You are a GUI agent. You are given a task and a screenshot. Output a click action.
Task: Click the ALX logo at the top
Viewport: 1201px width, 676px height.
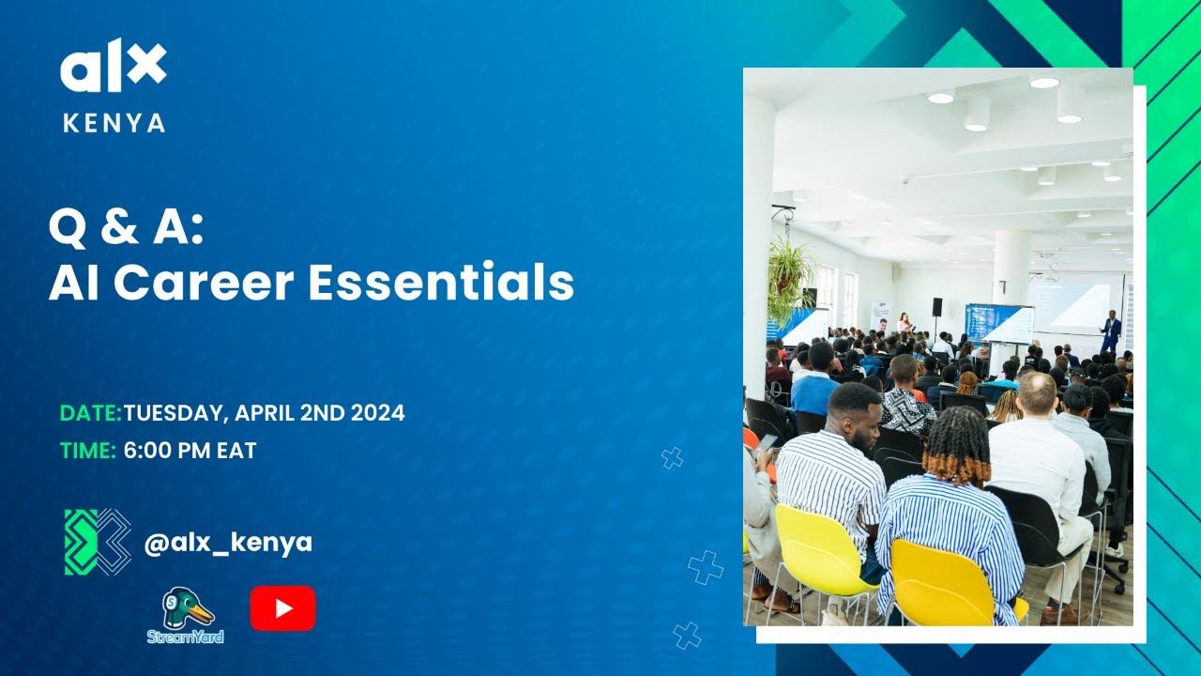click(x=114, y=68)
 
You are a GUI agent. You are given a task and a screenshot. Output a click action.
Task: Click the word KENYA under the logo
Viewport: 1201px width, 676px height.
click(x=114, y=123)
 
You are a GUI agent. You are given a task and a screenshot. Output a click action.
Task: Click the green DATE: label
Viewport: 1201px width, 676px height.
click(x=90, y=413)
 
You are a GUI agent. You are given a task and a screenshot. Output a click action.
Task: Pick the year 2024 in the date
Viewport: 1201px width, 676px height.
click(x=377, y=413)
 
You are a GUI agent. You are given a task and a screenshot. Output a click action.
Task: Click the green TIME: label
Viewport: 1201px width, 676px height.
click(x=88, y=451)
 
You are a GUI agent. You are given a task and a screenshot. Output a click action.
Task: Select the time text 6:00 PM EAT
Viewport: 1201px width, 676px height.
click(x=190, y=451)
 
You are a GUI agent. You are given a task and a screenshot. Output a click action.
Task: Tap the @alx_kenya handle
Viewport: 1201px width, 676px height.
click(x=228, y=542)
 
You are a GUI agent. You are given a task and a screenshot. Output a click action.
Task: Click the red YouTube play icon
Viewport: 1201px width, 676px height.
click(x=282, y=608)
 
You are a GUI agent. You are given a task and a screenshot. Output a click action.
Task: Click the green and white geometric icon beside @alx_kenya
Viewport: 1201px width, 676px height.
click(x=98, y=542)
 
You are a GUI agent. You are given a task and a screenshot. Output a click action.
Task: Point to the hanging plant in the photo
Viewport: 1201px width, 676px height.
click(x=791, y=272)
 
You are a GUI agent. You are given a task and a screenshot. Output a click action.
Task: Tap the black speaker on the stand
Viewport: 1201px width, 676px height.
click(x=936, y=307)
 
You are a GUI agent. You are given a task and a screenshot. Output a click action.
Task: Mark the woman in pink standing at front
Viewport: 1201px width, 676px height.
click(x=904, y=322)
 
